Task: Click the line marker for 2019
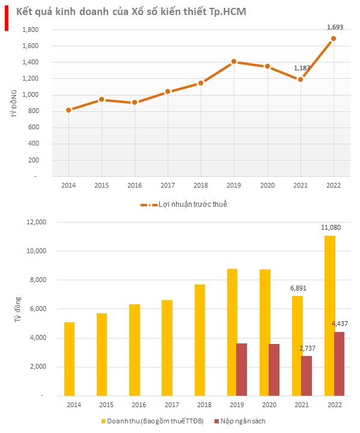[x=234, y=61]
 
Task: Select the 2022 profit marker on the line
[x=334, y=38]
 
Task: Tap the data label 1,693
[x=335, y=27]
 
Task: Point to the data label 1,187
[x=302, y=68]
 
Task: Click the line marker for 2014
[x=69, y=110]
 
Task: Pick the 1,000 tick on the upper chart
[x=31, y=95]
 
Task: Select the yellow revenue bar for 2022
[x=330, y=316]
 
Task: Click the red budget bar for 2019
[x=242, y=369]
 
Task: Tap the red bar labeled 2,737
[x=307, y=376]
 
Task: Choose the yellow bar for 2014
[x=69, y=359]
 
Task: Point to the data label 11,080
[x=331, y=227]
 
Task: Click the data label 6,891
[x=298, y=288]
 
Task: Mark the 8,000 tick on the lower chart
[x=38, y=280]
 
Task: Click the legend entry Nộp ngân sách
[x=240, y=421]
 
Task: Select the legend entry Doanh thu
[x=153, y=421]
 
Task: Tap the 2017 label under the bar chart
[x=172, y=405]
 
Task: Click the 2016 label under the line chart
[x=135, y=185]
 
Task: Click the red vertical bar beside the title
[x=7, y=18]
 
